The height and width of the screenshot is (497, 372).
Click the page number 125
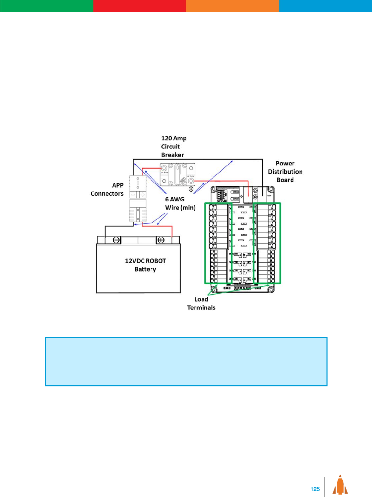pyautogui.click(x=315, y=489)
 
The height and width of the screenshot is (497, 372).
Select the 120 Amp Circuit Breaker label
pyautogui.click(x=173, y=146)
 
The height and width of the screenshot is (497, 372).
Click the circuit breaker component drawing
pyautogui.click(x=177, y=174)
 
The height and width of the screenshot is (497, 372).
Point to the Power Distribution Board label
pyautogui.click(x=285, y=172)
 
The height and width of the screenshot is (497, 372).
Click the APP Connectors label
pyautogui.click(x=107, y=190)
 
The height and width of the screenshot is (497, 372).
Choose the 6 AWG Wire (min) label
pyautogui.click(x=180, y=203)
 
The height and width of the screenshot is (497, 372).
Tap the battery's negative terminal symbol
pyautogui.click(x=116, y=240)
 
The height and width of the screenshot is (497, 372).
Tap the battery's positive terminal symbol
pyautogui.click(x=161, y=240)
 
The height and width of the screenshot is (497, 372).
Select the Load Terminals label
pyautogui.click(x=201, y=303)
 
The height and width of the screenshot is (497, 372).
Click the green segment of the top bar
pyautogui.click(x=47, y=6)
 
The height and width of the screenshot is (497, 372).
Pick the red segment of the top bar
pyautogui.click(x=139, y=6)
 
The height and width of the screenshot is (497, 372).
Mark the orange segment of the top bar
pyautogui.click(x=232, y=6)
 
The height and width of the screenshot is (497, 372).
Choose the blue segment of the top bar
pyautogui.click(x=325, y=6)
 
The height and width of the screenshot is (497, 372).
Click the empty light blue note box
pyautogui.click(x=186, y=361)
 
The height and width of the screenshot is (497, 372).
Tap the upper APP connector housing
pyautogui.click(x=138, y=187)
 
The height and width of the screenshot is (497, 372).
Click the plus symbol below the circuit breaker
pyautogui.click(x=191, y=189)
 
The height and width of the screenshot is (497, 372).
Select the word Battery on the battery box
pyautogui.click(x=145, y=269)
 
